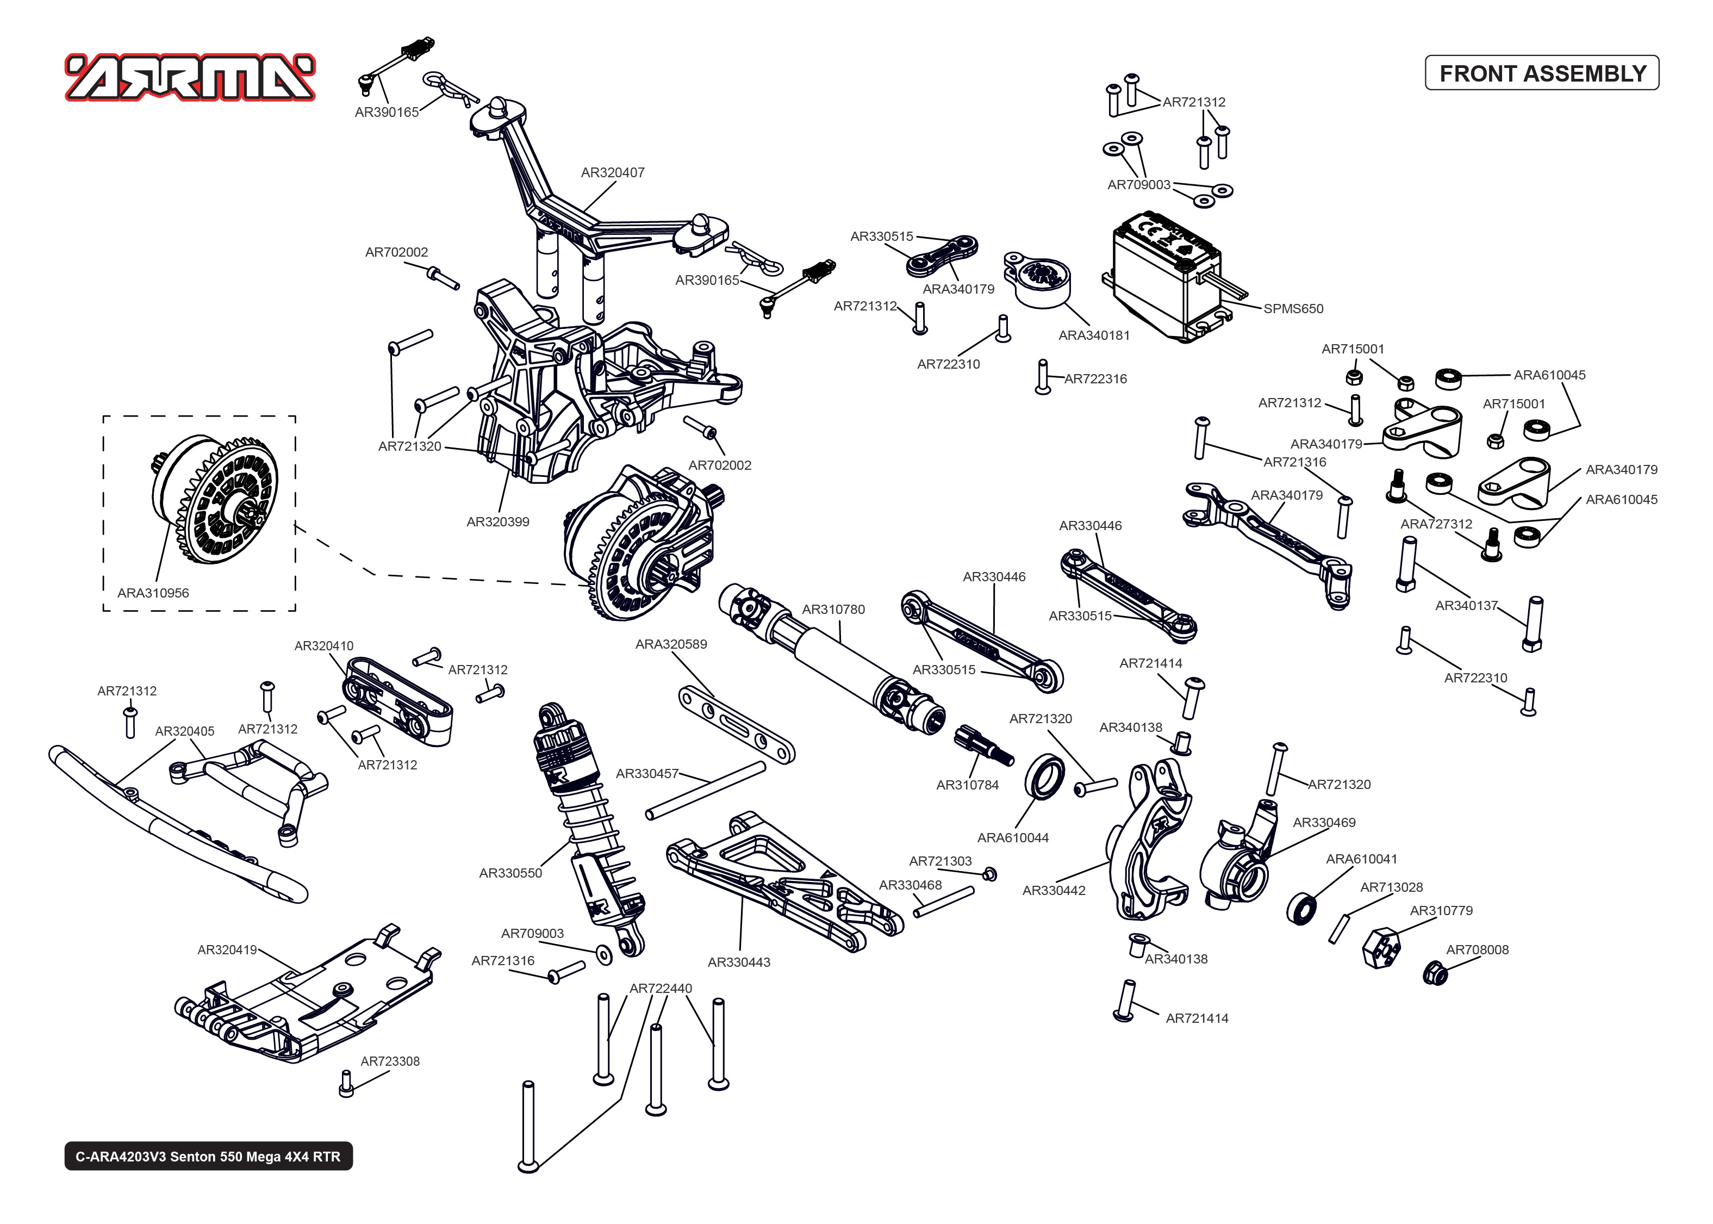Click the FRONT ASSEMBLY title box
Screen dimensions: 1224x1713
coord(1541,73)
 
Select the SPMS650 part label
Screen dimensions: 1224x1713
coord(1293,308)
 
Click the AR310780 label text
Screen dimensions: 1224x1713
coord(833,609)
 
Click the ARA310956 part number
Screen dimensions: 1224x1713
coord(153,593)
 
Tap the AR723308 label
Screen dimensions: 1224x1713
coord(389,1061)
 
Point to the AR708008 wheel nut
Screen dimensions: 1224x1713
coord(1435,973)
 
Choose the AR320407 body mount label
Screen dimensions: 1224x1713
coord(613,172)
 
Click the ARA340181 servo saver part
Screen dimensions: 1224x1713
coord(1039,279)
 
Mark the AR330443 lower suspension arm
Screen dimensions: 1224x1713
coord(783,882)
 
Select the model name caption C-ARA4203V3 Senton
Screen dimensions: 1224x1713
coord(208,1156)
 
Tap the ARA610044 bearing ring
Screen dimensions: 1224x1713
coord(1045,775)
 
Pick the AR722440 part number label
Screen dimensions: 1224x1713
coord(660,988)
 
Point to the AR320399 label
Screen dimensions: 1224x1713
coord(497,521)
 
